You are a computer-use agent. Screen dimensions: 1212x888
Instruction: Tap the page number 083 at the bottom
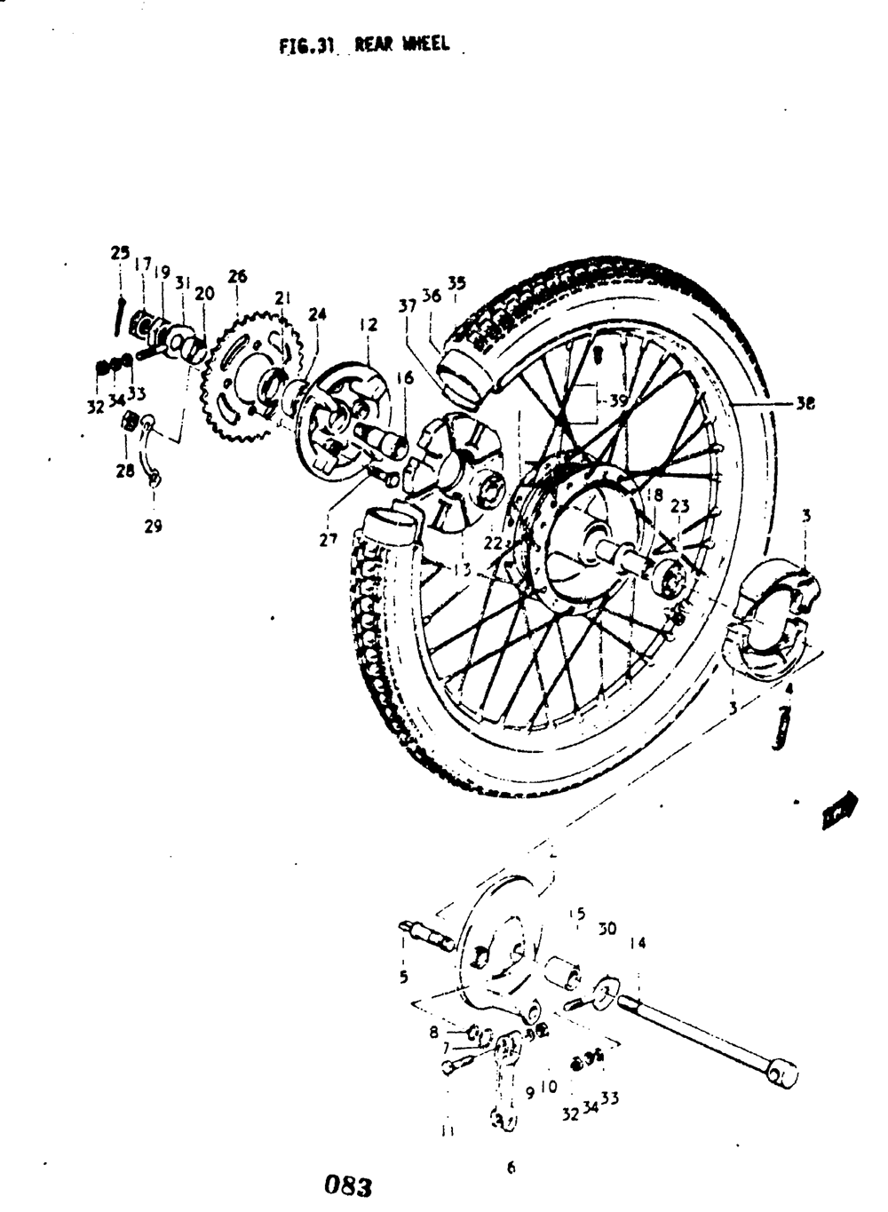(x=347, y=1184)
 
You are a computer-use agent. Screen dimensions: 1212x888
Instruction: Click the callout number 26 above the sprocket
(x=237, y=277)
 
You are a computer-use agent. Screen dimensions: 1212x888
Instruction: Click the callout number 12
(x=369, y=325)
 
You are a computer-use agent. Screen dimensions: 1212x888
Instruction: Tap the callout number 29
(x=153, y=527)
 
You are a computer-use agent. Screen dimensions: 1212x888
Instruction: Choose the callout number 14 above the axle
(x=638, y=945)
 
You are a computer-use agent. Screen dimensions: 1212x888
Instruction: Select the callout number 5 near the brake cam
(x=403, y=978)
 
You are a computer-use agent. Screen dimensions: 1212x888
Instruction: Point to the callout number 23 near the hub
(x=679, y=507)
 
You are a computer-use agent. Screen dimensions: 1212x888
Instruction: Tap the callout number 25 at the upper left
(x=120, y=252)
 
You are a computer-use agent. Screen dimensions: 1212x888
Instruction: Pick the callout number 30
(x=607, y=930)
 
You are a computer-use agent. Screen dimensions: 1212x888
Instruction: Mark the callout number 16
(x=405, y=378)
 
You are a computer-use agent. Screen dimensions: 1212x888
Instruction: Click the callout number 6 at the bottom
(x=511, y=1169)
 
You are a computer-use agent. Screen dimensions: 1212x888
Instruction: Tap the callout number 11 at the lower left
(x=447, y=1131)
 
